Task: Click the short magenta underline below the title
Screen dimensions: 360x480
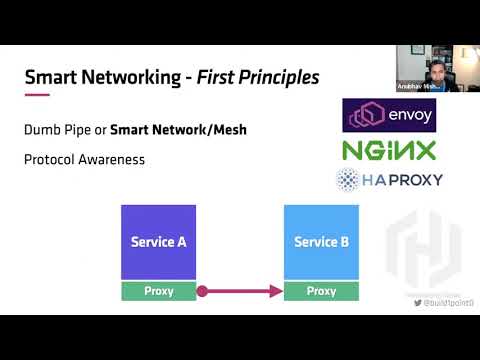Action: (x=36, y=94)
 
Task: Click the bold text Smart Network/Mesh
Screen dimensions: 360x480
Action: (x=178, y=129)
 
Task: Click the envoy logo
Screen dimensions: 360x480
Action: (x=390, y=116)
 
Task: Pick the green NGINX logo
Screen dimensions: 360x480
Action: (x=390, y=151)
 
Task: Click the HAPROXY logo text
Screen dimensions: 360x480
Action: (x=402, y=180)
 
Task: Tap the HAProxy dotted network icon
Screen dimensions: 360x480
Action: (x=348, y=180)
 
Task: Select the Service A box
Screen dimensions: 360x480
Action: (x=158, y=242)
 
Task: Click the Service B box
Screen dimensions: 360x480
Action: (x=321, y=242)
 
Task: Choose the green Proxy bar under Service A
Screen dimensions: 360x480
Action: (x=158, y=291)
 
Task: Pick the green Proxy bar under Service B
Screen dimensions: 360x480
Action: (x=321, y=291)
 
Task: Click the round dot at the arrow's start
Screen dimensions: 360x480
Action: (x=201, y=291)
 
